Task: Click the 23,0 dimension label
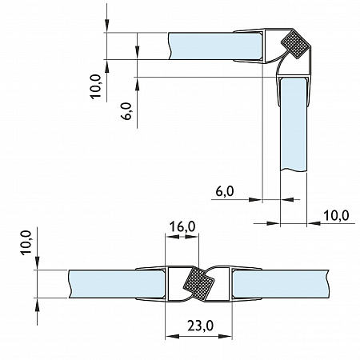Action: pyautogui.click(x=200, y=326)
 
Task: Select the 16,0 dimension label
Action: pyautogui.click(x=182, y=226)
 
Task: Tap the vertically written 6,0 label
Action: pyautogui.click(x=127, y=110)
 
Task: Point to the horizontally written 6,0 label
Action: pyautogui.click(x=225, y=191)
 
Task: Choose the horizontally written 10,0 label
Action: pyautogui.click(x=336, y=215)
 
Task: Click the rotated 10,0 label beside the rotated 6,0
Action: pyautogui.click(x=95, y=86)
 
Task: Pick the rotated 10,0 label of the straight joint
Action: pyautogui.click(x=26, y=242)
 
